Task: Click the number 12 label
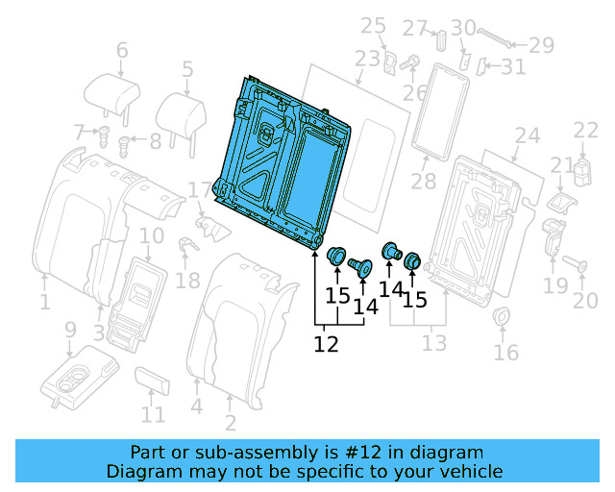[327, 343]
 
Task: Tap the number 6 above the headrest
[121, 50]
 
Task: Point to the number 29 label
[542, 44]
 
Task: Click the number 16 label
[505, 353]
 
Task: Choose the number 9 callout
[69, 331]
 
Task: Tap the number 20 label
[585, 301]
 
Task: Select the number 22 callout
[585, 130]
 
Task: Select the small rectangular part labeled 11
[154, 381]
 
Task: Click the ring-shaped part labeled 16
[501, 317]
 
